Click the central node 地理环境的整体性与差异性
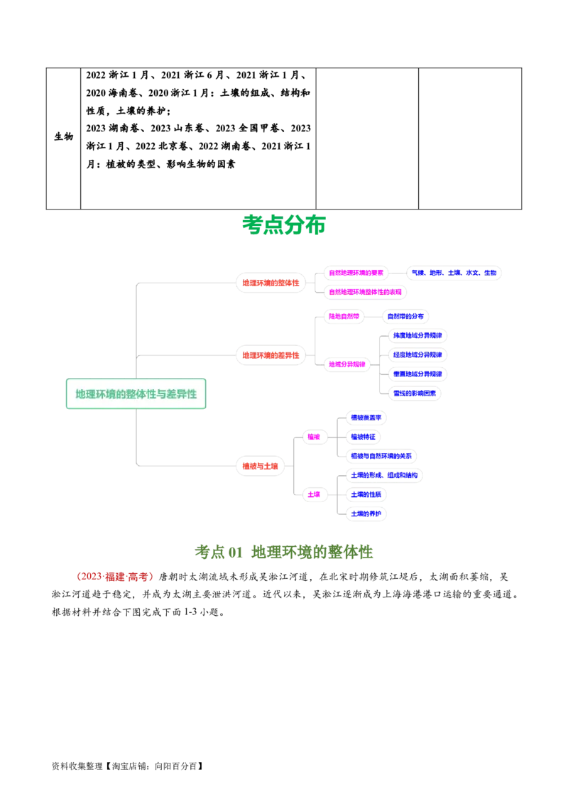coord(136,393)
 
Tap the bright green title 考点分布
coord(284,225)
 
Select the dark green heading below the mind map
coord(284,552)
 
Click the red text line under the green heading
coord(114,577)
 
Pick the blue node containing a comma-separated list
coord(454,272)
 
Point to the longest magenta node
coord(366,291)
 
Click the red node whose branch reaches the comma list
coord(271,283)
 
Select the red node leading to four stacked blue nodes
coord(271,354)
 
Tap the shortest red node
coord(259,466)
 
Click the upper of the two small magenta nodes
coord(315,437)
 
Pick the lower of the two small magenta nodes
coord(315,494)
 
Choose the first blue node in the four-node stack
coord(417,335)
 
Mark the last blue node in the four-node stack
coord(415,392)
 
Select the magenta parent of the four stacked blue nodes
coord(347,364)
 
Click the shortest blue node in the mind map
coord(364,437)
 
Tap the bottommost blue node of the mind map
coord(366,513)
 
